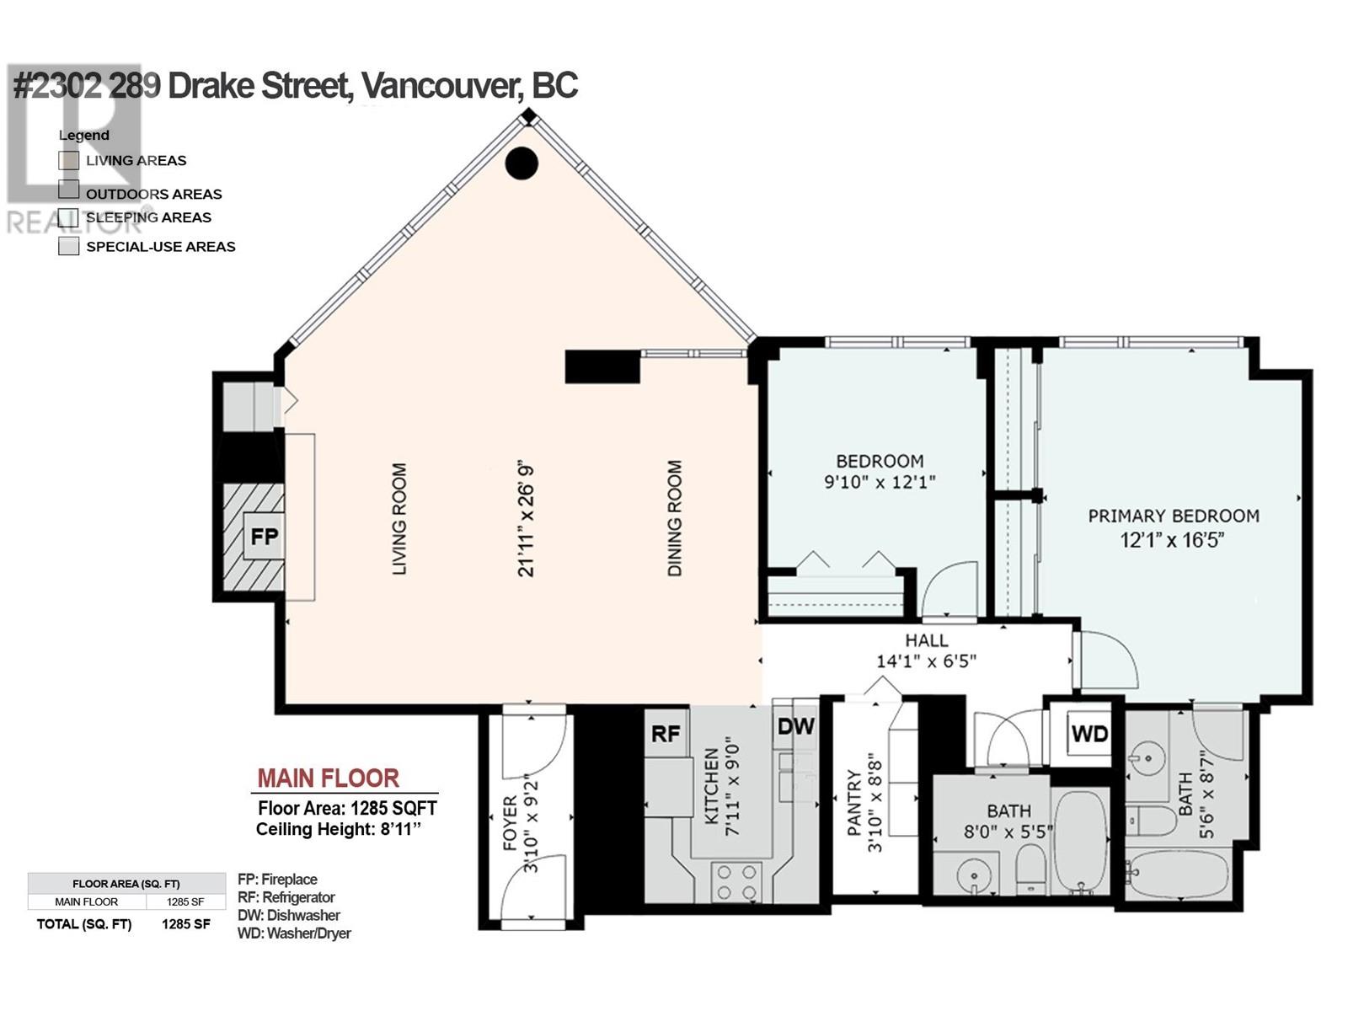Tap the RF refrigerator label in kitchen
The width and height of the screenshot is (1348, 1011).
(x=665, y=733)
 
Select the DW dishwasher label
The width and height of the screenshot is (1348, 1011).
(x=795, y=726)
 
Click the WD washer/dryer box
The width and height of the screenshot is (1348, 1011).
(x=1089, y=733)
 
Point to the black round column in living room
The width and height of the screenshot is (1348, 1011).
(x=522, y=163)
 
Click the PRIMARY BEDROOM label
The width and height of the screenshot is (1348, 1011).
(x=1174, y=516)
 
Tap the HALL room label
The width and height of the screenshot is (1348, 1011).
(x=927, y=641)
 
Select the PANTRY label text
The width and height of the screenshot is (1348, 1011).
(x=854, y=803)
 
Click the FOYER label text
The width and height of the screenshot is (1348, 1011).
(x=511, y=823)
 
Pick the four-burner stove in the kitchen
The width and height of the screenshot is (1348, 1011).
(x=736, y=881)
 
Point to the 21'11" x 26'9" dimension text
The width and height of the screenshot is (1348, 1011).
(x=527, y=522)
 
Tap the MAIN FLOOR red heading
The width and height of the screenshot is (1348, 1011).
(x=328, y=778)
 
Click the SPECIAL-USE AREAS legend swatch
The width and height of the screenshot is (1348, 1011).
(x=69, y=246)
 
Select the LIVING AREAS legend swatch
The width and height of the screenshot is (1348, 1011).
(x=69, y=160)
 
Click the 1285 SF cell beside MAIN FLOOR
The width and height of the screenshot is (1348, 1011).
(x=185, y=901)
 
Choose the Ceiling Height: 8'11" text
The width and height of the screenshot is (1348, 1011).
(x=339, y=829)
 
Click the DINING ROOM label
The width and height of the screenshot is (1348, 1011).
(x=674, y=518)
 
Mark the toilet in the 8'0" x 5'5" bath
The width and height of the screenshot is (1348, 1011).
(x=1030, y=867)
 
